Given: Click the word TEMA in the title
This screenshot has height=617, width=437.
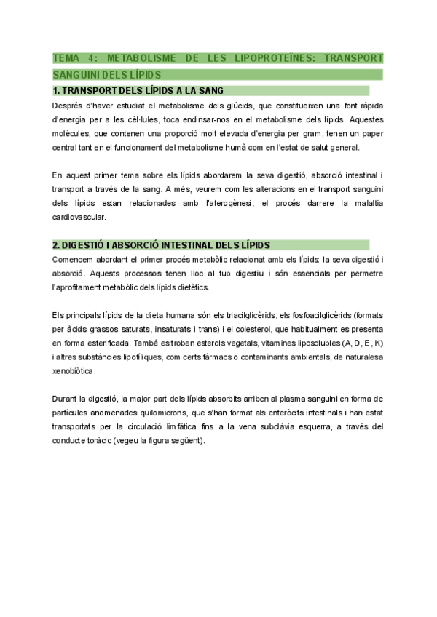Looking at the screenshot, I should click(x=68, y=57).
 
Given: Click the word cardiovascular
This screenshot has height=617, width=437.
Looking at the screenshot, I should click(x=79, y=216).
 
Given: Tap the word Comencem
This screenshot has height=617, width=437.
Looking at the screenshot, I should click(x=75, y=258).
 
